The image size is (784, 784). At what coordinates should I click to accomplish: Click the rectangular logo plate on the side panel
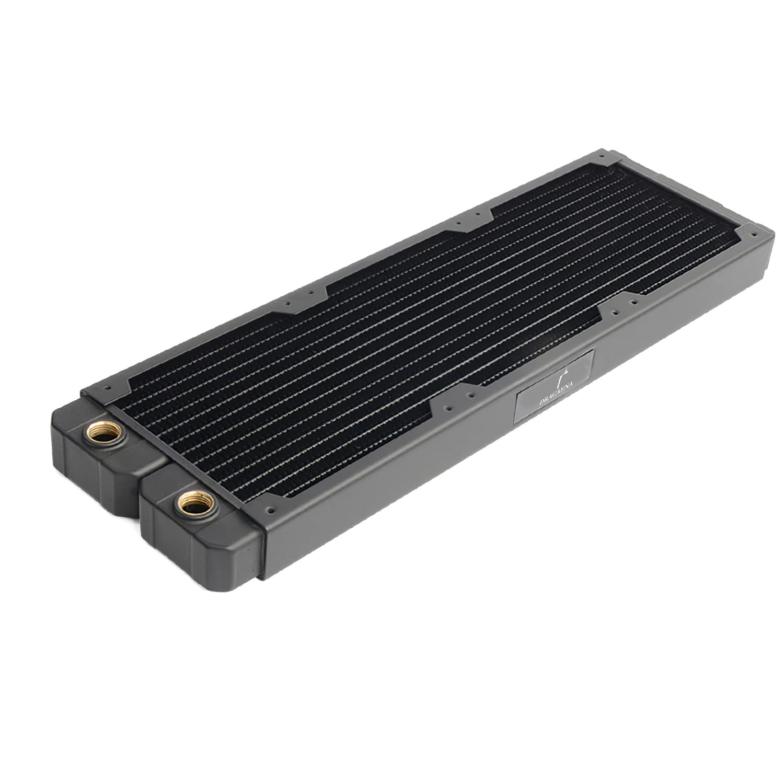coord(554,395)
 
